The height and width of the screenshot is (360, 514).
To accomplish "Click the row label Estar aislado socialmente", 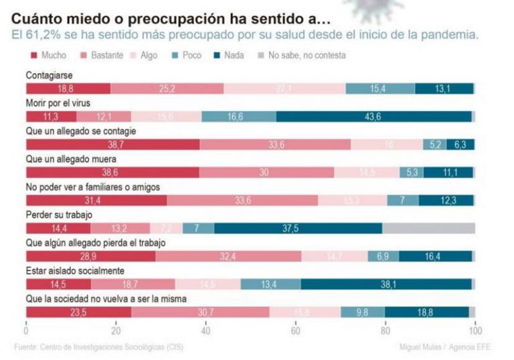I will pos(75,272).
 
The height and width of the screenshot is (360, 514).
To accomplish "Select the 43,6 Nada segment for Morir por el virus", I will pos(373,116).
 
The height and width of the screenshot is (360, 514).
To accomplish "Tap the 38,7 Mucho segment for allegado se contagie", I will pos(112,145).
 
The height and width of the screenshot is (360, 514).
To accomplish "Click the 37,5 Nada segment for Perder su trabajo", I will pos(298,228).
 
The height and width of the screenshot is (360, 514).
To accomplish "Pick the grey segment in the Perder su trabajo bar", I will pos(428,228).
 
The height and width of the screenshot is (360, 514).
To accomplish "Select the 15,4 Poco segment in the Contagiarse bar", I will pos(380,88).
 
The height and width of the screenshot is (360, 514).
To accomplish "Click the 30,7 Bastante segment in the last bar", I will pos(200,312).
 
